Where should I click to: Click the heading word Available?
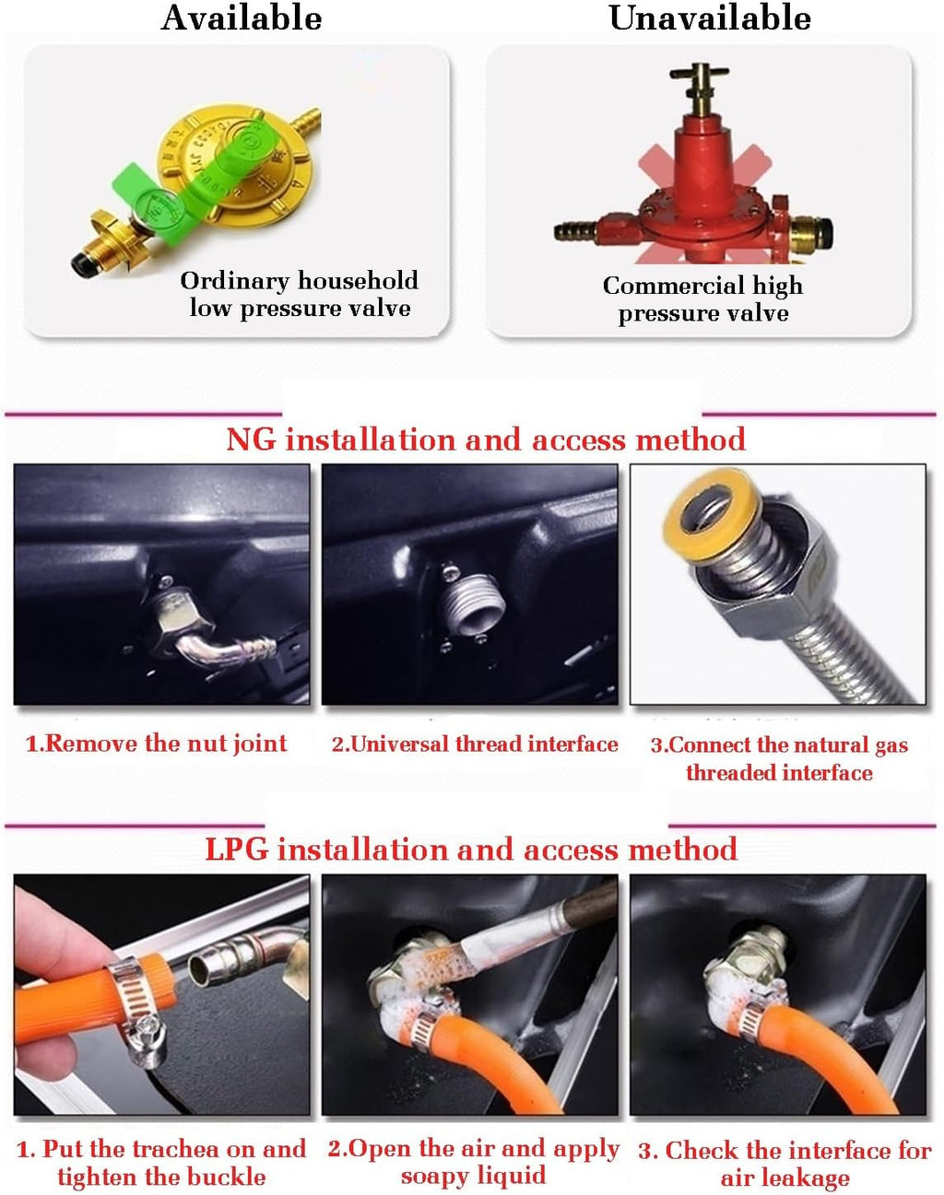point(242,18)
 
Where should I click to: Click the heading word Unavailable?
point(710,18)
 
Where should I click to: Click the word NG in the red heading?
point(251,439)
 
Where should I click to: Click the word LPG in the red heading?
point(237,849)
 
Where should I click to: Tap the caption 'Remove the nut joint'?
point(156,744)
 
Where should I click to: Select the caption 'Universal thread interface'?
point(475,744)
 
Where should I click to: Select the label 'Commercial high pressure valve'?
point(702,299)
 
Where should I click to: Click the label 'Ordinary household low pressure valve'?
point(300,294)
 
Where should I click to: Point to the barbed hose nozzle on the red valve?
point(576,231)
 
